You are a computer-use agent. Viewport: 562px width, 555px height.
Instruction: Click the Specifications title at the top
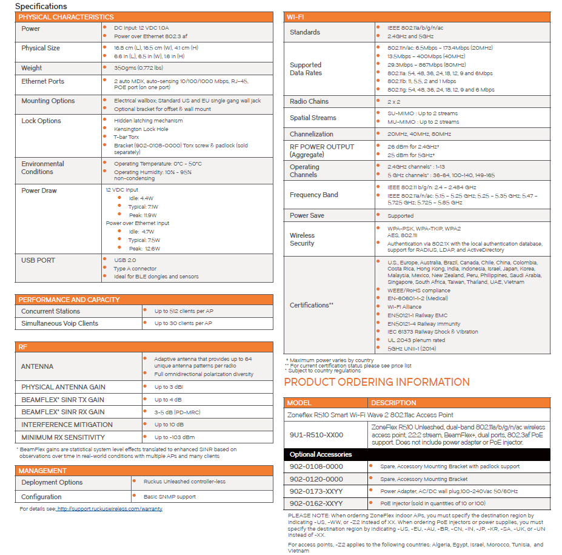point(41,6)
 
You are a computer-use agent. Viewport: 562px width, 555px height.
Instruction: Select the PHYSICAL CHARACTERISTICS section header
point(65,17)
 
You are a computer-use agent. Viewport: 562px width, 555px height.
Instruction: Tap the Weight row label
point(32,68)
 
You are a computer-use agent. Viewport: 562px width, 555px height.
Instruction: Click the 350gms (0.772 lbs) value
point(138,68)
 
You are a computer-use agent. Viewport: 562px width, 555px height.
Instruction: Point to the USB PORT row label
point(38,260)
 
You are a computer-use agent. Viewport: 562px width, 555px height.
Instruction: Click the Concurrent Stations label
point(51,311)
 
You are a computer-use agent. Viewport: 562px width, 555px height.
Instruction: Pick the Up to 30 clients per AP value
point(183,323)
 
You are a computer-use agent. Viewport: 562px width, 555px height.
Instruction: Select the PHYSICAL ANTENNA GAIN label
point(63,387)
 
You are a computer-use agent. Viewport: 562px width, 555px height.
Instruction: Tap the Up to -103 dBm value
point(175,437)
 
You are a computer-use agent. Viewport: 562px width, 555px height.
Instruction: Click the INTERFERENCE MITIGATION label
point(67,425)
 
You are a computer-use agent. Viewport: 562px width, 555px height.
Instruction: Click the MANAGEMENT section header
point(42,471)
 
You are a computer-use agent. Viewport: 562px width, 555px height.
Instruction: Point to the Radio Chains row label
point(309,101)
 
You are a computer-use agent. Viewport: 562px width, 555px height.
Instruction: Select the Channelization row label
point(311,134)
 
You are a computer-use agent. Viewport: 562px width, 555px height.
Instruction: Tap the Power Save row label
point(307,215)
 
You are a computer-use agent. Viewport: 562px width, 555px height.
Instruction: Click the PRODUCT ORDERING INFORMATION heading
point(376,382)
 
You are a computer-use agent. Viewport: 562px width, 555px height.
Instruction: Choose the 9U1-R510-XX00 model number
point(316,435)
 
